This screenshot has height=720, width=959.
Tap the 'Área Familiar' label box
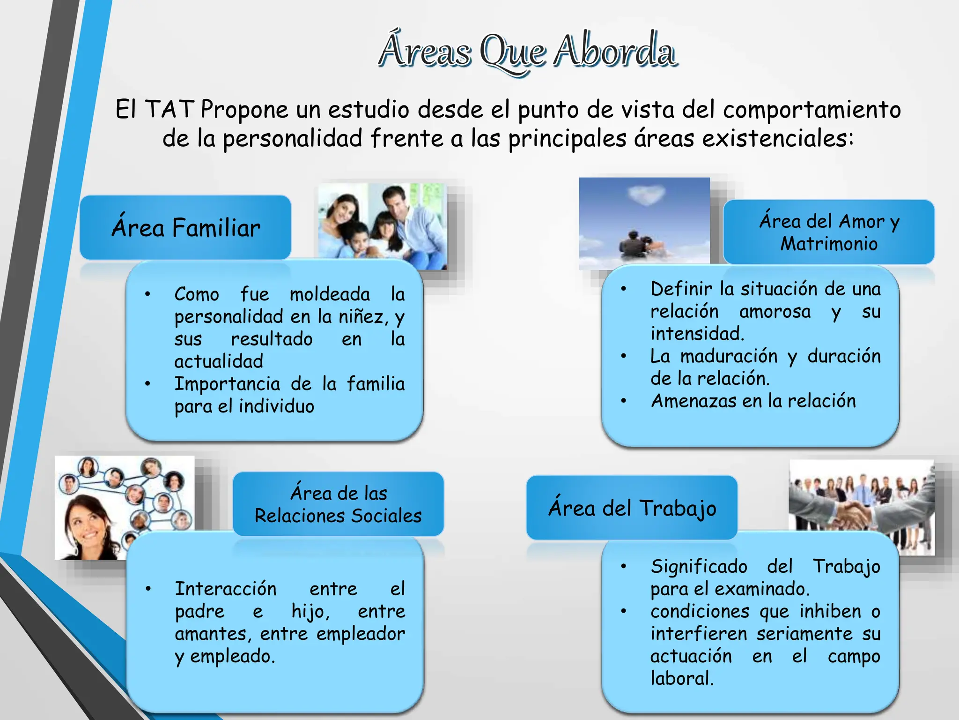click(185, 228)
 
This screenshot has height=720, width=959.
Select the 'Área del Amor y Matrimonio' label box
click(828, 232)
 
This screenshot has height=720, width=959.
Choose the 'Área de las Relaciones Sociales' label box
click(338, 504)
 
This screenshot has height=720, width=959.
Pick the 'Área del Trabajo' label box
click(632, 508)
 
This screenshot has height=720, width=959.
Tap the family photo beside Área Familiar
click(382, 226)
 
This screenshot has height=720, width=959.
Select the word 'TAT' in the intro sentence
click(169, 110)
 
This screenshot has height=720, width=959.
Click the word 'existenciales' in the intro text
click(774, 139)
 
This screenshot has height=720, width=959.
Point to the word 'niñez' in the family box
click(363, 317)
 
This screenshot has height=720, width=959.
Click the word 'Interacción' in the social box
click(226, 589)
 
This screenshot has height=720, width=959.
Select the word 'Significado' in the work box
click(699, 567)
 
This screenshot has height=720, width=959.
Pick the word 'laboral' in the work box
click(681, 679)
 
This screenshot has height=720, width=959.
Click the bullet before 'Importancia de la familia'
click(148, 384)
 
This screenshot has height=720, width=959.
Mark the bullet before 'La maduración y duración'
click(623, 356)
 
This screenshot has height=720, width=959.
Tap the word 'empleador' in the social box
click(361, 634)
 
